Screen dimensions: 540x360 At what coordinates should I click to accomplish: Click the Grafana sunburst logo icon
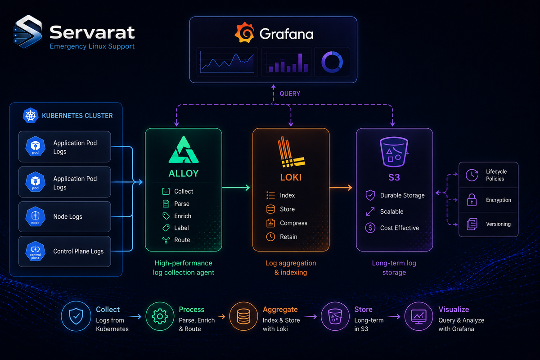[244, 32]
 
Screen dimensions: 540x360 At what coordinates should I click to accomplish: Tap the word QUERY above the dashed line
[290, 94]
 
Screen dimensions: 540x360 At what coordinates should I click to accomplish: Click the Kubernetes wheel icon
[31, 116]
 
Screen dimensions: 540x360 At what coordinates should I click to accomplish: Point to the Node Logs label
[68, 216]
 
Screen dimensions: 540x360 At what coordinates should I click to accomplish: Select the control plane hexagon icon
[35, 251]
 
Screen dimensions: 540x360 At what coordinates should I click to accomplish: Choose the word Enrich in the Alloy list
[183, 216]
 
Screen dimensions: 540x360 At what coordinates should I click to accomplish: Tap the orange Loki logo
[291, 152]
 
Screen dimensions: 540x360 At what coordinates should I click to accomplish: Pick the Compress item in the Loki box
[293, 223]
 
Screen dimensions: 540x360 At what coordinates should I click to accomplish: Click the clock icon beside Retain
[270, 237]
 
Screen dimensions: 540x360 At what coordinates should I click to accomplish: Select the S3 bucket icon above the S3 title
[394, 152]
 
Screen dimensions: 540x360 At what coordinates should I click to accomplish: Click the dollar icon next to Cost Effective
[370, 228]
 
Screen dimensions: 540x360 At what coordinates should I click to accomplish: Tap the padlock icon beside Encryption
[472, 200]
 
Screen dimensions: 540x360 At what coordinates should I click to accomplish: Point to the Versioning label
[498, 224]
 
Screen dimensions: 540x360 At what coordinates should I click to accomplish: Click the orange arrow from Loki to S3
[341, 188]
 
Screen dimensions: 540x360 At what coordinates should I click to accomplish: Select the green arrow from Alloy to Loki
[236, 188]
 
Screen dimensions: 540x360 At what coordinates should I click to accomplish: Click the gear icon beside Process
[160, 316]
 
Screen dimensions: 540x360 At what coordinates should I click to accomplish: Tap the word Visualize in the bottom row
[454, 309]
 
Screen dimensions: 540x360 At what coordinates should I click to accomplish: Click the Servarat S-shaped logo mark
[28, 31]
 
